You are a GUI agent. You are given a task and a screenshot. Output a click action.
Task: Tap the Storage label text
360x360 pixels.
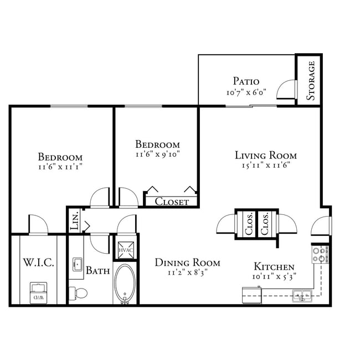point(311,80)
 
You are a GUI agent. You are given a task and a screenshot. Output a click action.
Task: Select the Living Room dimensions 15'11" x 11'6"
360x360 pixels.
point(266,165)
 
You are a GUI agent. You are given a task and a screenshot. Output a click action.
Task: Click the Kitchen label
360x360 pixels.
point(274,266)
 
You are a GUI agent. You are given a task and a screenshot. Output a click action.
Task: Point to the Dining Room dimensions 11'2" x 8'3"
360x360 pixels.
point(187,272)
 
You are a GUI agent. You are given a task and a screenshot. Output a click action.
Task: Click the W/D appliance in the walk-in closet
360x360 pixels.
point(38,292)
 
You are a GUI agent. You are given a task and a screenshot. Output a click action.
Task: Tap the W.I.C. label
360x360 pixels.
point(38,263)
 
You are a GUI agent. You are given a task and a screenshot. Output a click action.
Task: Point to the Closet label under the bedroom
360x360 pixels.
point(171,202)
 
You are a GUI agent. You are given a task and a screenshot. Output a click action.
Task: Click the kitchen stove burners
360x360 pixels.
point(320,255)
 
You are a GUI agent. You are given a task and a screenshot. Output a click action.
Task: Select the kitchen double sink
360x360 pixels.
point(302,296)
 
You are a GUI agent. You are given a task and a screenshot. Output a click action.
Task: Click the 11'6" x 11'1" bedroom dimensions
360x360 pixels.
point(60,166)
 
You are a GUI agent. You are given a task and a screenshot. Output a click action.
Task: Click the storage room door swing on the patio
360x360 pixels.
point(287,90)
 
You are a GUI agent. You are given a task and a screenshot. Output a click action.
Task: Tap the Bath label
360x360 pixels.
point(97,271)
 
